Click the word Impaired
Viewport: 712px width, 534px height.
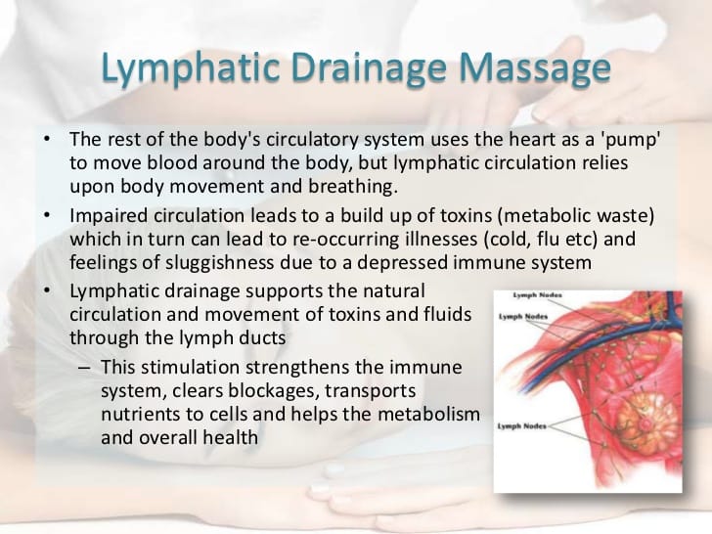[x=108, y=216]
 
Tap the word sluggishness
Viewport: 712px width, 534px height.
[x=219, y=263]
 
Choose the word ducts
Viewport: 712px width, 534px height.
[x=263, y=337]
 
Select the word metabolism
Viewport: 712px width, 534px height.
[x=429, y=414]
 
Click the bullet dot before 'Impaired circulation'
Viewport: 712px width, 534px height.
[x=47, y=215]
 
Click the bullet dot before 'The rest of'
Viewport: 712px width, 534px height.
[x=47, y=139]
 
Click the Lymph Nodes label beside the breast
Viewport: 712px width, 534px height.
[x=521, y=426]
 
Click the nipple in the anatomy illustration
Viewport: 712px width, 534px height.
[x=643, y=423]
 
